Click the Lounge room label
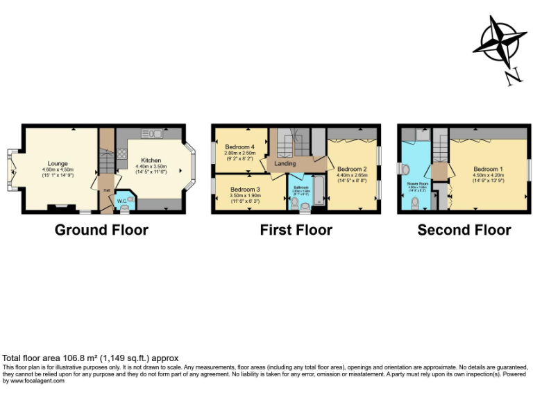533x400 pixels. tap(58, 163)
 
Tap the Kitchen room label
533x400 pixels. tap(151, 160)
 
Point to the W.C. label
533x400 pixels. tap(122, 201)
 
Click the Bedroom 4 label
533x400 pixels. tap(239, 147)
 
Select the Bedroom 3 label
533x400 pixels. tap(245, 190)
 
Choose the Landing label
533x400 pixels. tap(285, 164)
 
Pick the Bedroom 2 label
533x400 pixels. tap(352, 169)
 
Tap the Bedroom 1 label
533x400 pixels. tap(488, 169)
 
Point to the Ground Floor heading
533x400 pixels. tap(101, 230)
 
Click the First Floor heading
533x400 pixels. tap(296, 230)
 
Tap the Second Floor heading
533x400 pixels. tap(464, 230)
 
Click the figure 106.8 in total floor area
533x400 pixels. tap(61, 358)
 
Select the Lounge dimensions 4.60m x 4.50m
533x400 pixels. tap(58, 169)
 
